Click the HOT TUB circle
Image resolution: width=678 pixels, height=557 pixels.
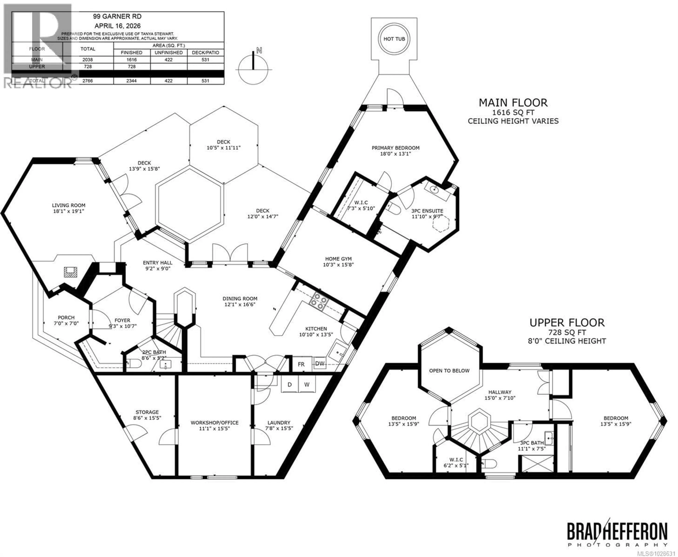pyautogui.click(x=394, y=39)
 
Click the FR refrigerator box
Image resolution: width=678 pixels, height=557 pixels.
pyautogui.click(x=301, y=364)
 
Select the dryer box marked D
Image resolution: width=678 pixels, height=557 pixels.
pyautogui.click(x=290, y=384)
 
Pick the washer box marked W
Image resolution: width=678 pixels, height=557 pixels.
pyautogui.click(x=307, y=384)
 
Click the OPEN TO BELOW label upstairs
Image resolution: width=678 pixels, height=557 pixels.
pyautogui.click(x=449, y=371)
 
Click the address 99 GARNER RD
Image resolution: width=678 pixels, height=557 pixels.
pyautogui.click(x=117, y=16)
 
